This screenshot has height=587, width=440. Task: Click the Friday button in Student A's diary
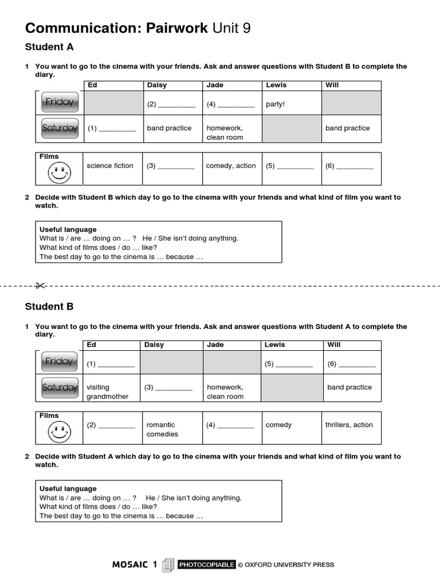click(60, 102)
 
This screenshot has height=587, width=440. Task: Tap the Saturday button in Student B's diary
click(60, 388)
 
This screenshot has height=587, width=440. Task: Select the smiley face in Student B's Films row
click(60, 432)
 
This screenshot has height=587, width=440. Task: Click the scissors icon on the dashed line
click(40, 285)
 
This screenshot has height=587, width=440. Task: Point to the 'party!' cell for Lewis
click(276, 104)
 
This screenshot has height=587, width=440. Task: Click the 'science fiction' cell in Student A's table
click(110, 166)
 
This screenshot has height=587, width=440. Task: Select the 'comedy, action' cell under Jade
click(231, 166)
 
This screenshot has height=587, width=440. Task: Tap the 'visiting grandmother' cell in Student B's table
click(108, 392)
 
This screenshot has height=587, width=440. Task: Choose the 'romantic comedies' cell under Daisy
click(162, 429)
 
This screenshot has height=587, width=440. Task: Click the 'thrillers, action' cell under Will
click(349, 425)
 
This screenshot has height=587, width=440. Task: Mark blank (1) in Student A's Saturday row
click(112, 128)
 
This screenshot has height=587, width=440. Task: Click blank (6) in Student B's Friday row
click(351, 364)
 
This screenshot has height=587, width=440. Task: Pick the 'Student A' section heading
click(49, 47)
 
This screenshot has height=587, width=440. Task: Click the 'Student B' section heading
click(49, 306)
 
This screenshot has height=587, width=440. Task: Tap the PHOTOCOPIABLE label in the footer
click(206, 565)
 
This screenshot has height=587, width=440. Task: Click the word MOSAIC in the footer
click(131, 565)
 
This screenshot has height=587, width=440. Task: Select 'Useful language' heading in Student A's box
click(68, 229)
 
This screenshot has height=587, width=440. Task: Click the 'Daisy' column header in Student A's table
click(157, 85)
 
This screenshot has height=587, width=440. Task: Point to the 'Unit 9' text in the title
click(231, 28)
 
